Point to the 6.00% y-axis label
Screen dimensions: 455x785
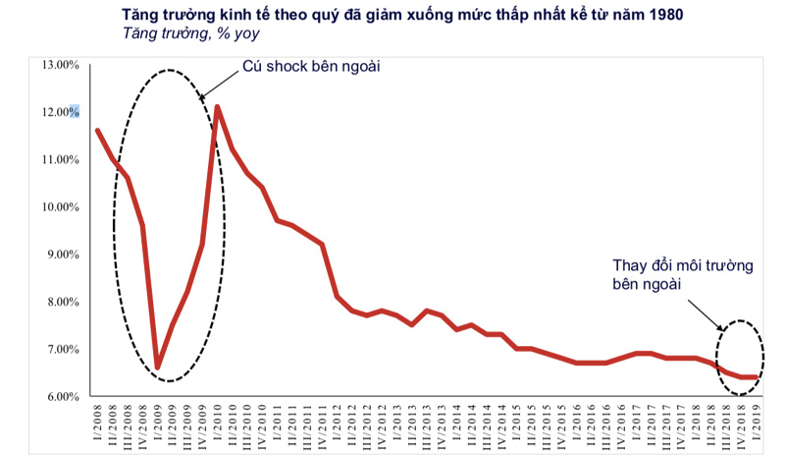click(x=59, y=396)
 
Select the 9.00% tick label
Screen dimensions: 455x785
click(x=59, y=255)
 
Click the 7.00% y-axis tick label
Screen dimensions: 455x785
click(x=59, y=349)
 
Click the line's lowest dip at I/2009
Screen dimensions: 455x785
click(x=157, y=368)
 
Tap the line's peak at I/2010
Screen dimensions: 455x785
click(x=217, y=106)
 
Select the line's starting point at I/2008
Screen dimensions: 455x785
click(x=97, y=130)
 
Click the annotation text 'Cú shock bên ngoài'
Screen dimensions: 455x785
click(x=310, y=68)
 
